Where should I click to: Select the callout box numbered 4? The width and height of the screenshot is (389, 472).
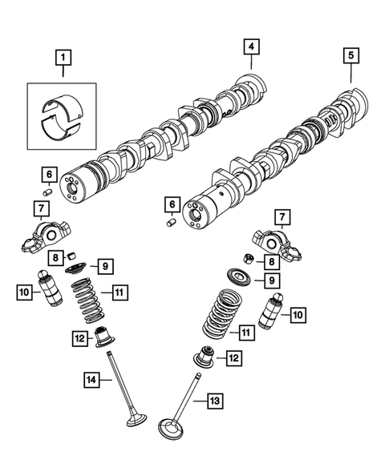(251, 48)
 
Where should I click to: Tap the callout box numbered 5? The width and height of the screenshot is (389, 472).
(351, 56)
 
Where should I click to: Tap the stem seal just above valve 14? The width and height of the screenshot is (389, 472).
(103, 337)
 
